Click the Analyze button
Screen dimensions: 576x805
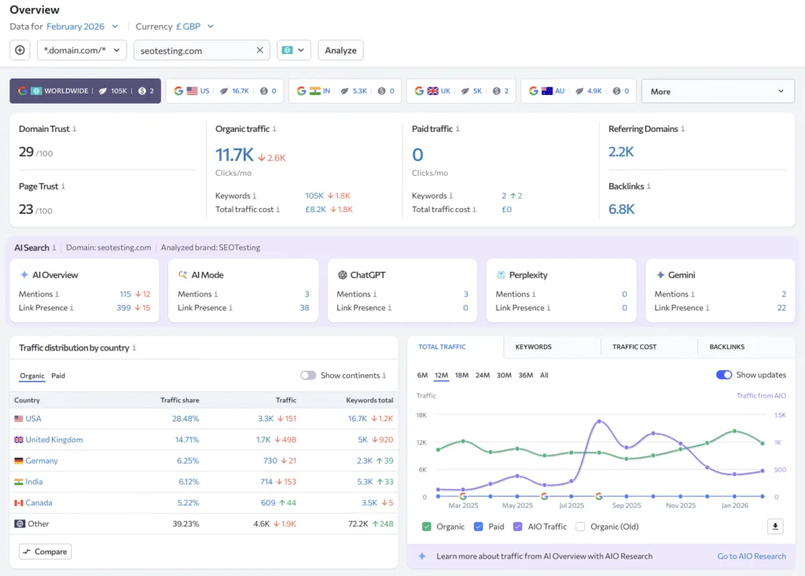(340, 50)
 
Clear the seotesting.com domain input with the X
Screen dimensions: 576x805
(260, 50)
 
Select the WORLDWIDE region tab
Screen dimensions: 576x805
(85, 91)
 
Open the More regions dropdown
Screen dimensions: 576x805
(717, 91)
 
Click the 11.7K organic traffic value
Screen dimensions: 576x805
(234, 155)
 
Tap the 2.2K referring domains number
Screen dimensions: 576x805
(621, 152)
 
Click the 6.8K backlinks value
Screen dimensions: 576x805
(621, 209)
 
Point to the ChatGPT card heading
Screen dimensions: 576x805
(367, 275)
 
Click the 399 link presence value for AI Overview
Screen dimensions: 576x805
(123, 308)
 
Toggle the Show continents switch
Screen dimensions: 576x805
(308, 376)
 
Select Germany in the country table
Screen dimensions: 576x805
(42, 461)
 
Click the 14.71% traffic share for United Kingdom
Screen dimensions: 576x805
(186, 440)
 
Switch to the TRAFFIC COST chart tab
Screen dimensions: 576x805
(634, 347)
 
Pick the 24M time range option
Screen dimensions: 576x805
(482, 376)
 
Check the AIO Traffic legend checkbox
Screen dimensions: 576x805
(517, 526)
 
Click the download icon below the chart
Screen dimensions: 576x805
(775, 526)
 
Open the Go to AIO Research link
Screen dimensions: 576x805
(751, 556)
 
